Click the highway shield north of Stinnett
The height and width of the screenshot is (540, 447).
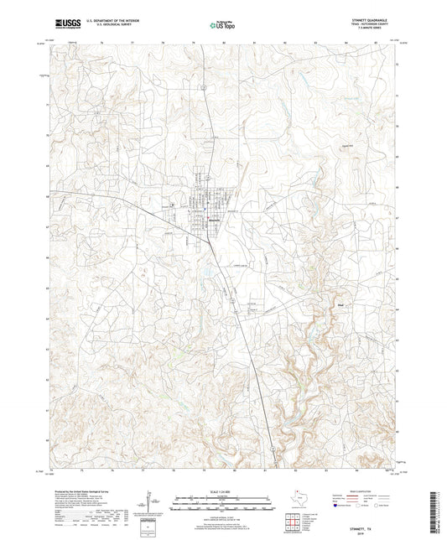pos(202,86)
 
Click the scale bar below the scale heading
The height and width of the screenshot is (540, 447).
pos(221,506)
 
